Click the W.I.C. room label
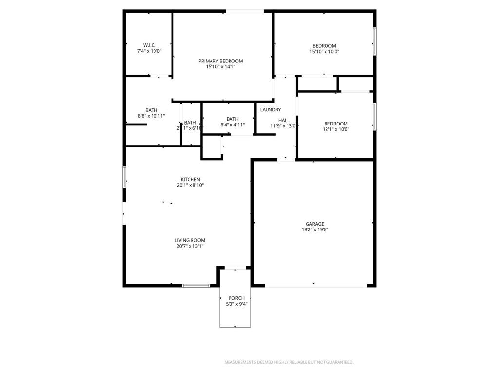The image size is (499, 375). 149,45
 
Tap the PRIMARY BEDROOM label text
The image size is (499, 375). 220,61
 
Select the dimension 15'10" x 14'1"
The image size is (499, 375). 220,67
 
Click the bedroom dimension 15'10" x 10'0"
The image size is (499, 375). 324,52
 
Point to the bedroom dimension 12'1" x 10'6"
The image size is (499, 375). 336,129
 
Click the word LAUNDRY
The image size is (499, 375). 270,110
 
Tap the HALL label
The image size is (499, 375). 284,120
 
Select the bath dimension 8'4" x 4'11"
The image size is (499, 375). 232,125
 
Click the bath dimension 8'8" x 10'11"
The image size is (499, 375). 151,116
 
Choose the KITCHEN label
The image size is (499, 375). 190,180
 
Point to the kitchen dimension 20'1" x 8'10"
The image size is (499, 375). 190,186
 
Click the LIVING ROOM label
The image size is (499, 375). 190,240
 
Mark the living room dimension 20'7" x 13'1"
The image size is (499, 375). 190,246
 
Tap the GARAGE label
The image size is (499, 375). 314,224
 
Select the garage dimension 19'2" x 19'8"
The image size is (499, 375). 314,229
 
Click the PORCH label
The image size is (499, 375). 236,298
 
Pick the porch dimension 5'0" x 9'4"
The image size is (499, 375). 236,304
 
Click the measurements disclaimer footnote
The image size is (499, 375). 288,362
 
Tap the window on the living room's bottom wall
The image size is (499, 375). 196,285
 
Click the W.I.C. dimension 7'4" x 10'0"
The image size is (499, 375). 149,51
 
